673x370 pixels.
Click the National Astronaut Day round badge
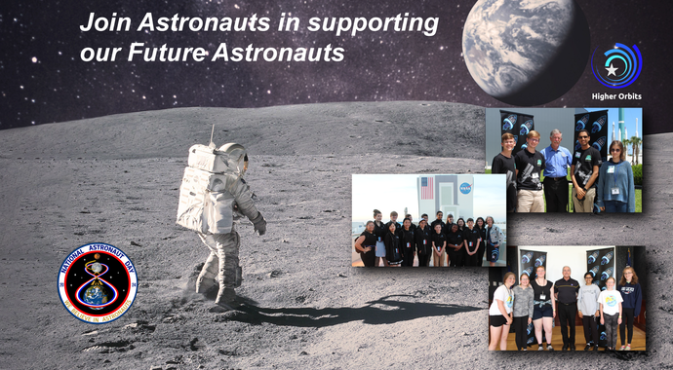coord(98,283)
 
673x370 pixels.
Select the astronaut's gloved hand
coord(259,227)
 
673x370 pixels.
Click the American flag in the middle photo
coord(426,187)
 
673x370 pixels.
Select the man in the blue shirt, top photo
coord(555,166)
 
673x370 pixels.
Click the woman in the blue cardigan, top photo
coord(616,173)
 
